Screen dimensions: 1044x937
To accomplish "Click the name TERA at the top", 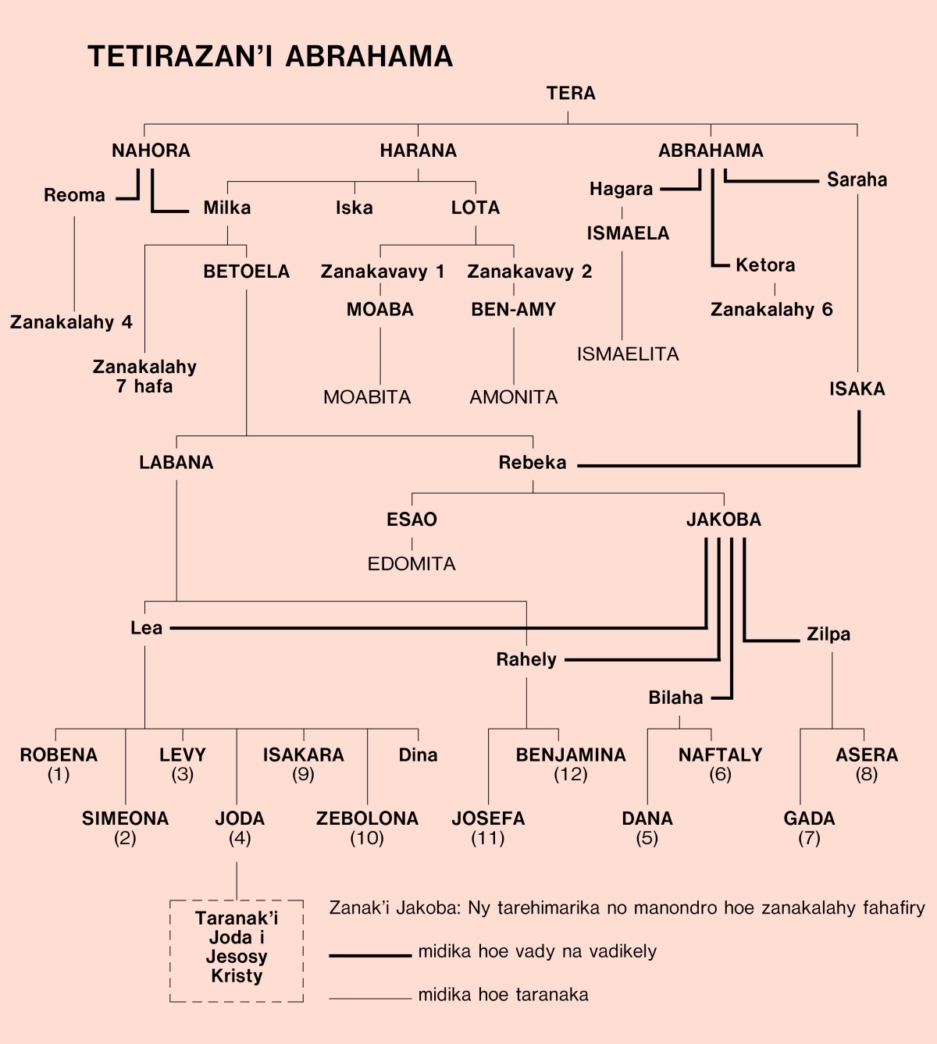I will tap(571, 94).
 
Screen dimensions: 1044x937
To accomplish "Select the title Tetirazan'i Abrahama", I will tap(270, 57).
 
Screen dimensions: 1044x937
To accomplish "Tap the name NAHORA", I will tap(151, 151).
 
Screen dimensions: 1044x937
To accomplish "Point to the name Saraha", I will tap(857, 180).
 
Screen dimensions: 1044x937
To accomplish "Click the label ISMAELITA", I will tap(628, 354).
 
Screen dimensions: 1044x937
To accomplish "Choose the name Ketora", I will tap(765, 265).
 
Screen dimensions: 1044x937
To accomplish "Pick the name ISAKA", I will tap(857, 389).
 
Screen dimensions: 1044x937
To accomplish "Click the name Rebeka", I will tap(533, 463).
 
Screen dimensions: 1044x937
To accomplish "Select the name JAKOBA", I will tap(723, 520).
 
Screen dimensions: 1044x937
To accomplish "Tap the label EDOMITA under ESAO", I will tap(411, 564).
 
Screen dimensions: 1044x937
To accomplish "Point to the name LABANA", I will tap(176, 463).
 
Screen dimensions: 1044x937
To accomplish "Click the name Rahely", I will tap(526, 660).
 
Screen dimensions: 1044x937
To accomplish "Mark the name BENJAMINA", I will tap(571, 755).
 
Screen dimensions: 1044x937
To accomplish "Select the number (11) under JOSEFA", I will tap(488, 839).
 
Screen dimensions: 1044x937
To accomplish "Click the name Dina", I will tap(418, 755).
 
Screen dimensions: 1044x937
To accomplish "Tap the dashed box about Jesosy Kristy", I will tap(237, 950).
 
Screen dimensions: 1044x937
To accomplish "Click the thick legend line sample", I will tap(369, 954).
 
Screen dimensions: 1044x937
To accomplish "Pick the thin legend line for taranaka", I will tap(369, 998).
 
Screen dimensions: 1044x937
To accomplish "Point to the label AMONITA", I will tap(513, 398).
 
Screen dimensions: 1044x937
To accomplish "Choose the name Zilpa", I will tap(828, 634).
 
